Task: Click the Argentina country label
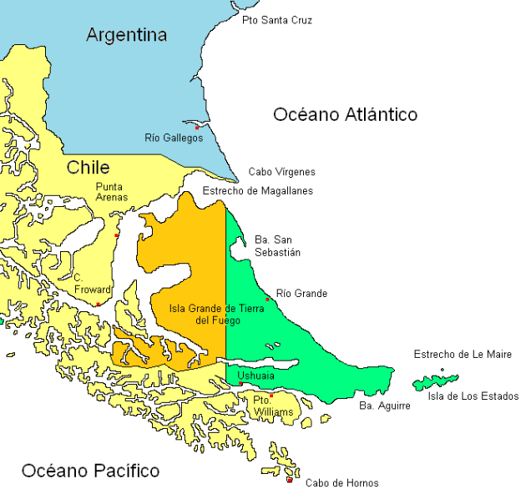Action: pyautogui.click(x=127, y=35)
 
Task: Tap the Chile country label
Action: pyautogui.click(x=88, y=168)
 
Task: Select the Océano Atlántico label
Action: pyautogui.click(x=345, y=115)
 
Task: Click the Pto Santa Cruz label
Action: pyautogui.click(x=276, y=20)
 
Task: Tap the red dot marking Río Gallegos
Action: pyautogui.click(x=197, y=127)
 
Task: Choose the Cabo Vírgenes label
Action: pyautogui.click(x=281, y=172)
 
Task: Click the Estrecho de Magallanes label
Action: pyautogui.click(x=258, y=191)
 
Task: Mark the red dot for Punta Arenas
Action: pyautogui.click(x=117, y=235)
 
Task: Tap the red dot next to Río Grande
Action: pyautogui.click(x=267, y=299)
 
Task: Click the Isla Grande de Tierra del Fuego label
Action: pyautogui.click(x=216, y=314)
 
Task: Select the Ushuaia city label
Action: pyautogui.click(x=255, y=376)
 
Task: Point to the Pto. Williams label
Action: pyautogui.click(x=273, y=406)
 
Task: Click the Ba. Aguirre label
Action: pyautogui.click(x=384, y=406)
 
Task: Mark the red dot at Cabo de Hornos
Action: pyautogui.click(x=290, y=479)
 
